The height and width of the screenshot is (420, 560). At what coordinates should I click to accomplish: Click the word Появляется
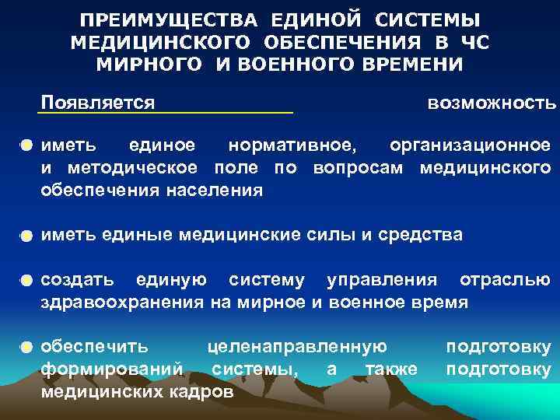coord(98,102)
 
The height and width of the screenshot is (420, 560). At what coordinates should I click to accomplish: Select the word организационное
coord(471,145)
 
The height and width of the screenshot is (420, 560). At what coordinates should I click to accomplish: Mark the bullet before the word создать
coord(27,280)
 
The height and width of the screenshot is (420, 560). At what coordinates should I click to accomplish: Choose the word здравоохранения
coord(123,302)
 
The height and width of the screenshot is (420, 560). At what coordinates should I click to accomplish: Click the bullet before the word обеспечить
coord(27,347)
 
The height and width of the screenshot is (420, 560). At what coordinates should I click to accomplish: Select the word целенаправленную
coord(298,346)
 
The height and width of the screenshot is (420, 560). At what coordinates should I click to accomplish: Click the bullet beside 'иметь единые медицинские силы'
coord(27,235)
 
